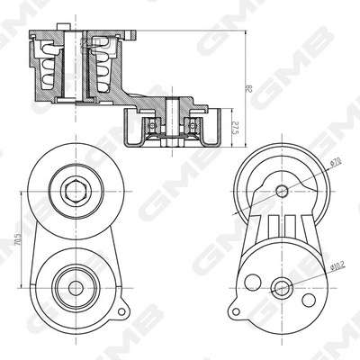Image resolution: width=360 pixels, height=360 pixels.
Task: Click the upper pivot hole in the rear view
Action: click(283, 190)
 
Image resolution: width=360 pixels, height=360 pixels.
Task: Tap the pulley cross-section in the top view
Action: click(171, 127)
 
